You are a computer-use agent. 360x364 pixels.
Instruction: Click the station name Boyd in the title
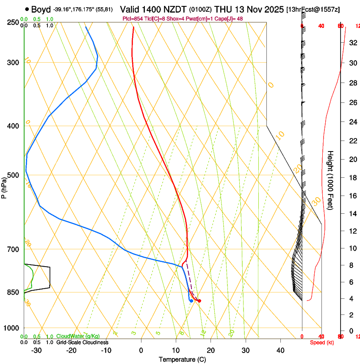coord(41,9)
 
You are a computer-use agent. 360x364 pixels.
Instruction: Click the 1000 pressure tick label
coord(12,328)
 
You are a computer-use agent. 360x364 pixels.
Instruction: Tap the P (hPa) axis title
coord(4,187)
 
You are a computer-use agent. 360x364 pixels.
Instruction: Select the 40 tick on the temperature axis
coord(280,350)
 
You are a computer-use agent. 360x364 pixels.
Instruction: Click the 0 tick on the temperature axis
coord(141,350)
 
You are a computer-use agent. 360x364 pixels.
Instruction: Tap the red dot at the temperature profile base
coord(199,301)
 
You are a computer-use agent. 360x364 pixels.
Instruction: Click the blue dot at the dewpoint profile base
coord(191,301)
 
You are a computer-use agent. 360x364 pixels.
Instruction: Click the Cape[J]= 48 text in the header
coord(229,19)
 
